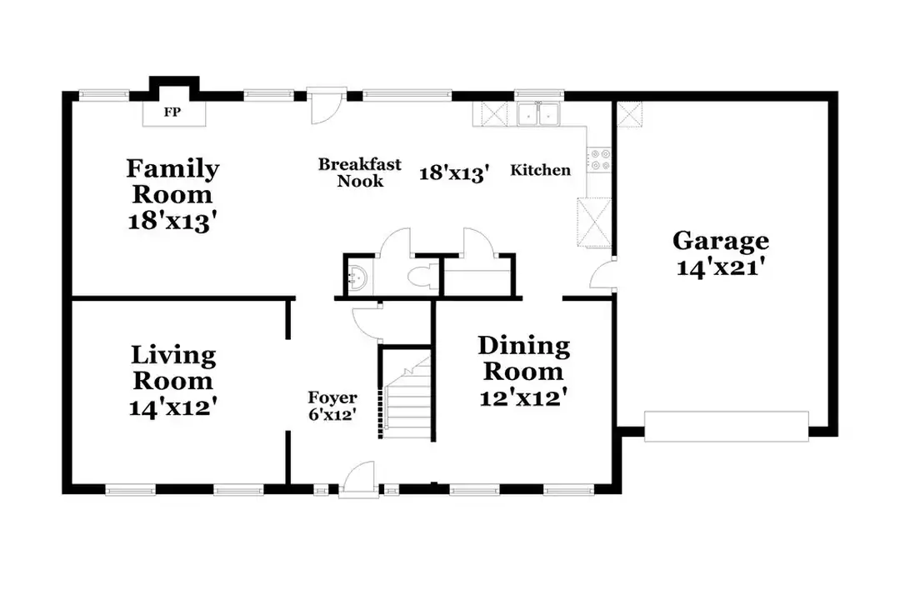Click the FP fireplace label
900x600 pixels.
coord(172,112)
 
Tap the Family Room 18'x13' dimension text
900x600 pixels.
coord(173,221)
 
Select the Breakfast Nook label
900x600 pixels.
coord(360,172)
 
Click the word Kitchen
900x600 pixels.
coord(541,171)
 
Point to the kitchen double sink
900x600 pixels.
coord(538,114)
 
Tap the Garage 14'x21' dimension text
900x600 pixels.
coord(720,268)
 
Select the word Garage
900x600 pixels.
coord(721,241)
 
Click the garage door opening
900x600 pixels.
coord(726,425)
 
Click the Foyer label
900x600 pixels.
coord(332,398)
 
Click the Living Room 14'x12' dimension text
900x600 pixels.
coord(173,407)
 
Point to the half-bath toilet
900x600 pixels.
coord(422,277)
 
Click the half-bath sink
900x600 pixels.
coord(359,277)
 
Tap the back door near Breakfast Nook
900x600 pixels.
coord(325,108)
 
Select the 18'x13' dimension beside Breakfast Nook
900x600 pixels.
coord(453,172)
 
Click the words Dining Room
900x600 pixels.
coord(523,357)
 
